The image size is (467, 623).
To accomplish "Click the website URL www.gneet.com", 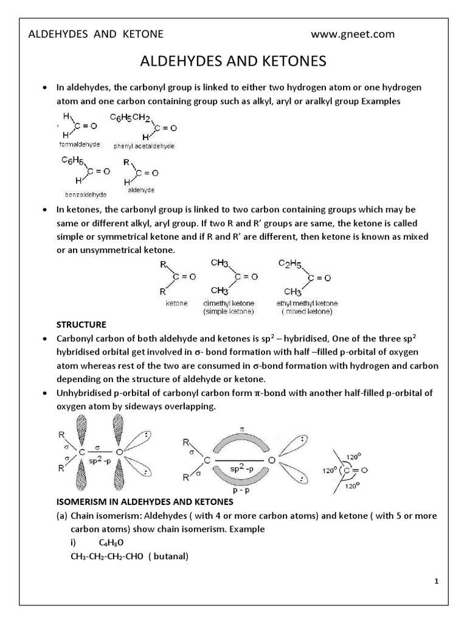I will (x=353, y=34).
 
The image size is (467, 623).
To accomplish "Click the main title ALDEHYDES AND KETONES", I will (x=233, y=61).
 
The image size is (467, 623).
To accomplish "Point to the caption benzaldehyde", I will (x=85, y=194).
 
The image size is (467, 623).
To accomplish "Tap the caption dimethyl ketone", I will (x=229, y=303).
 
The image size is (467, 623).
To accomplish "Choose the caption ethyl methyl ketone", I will (x=307, y=303).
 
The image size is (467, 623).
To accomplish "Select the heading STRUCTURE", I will (x=81, y=324).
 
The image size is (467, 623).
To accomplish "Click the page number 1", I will (x=436, y=582).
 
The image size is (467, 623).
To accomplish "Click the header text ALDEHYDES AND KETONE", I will (x=96, y=34).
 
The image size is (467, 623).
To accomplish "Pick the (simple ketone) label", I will (x=229, y=311).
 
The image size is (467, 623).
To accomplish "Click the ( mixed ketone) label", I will (x=307, y=311).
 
